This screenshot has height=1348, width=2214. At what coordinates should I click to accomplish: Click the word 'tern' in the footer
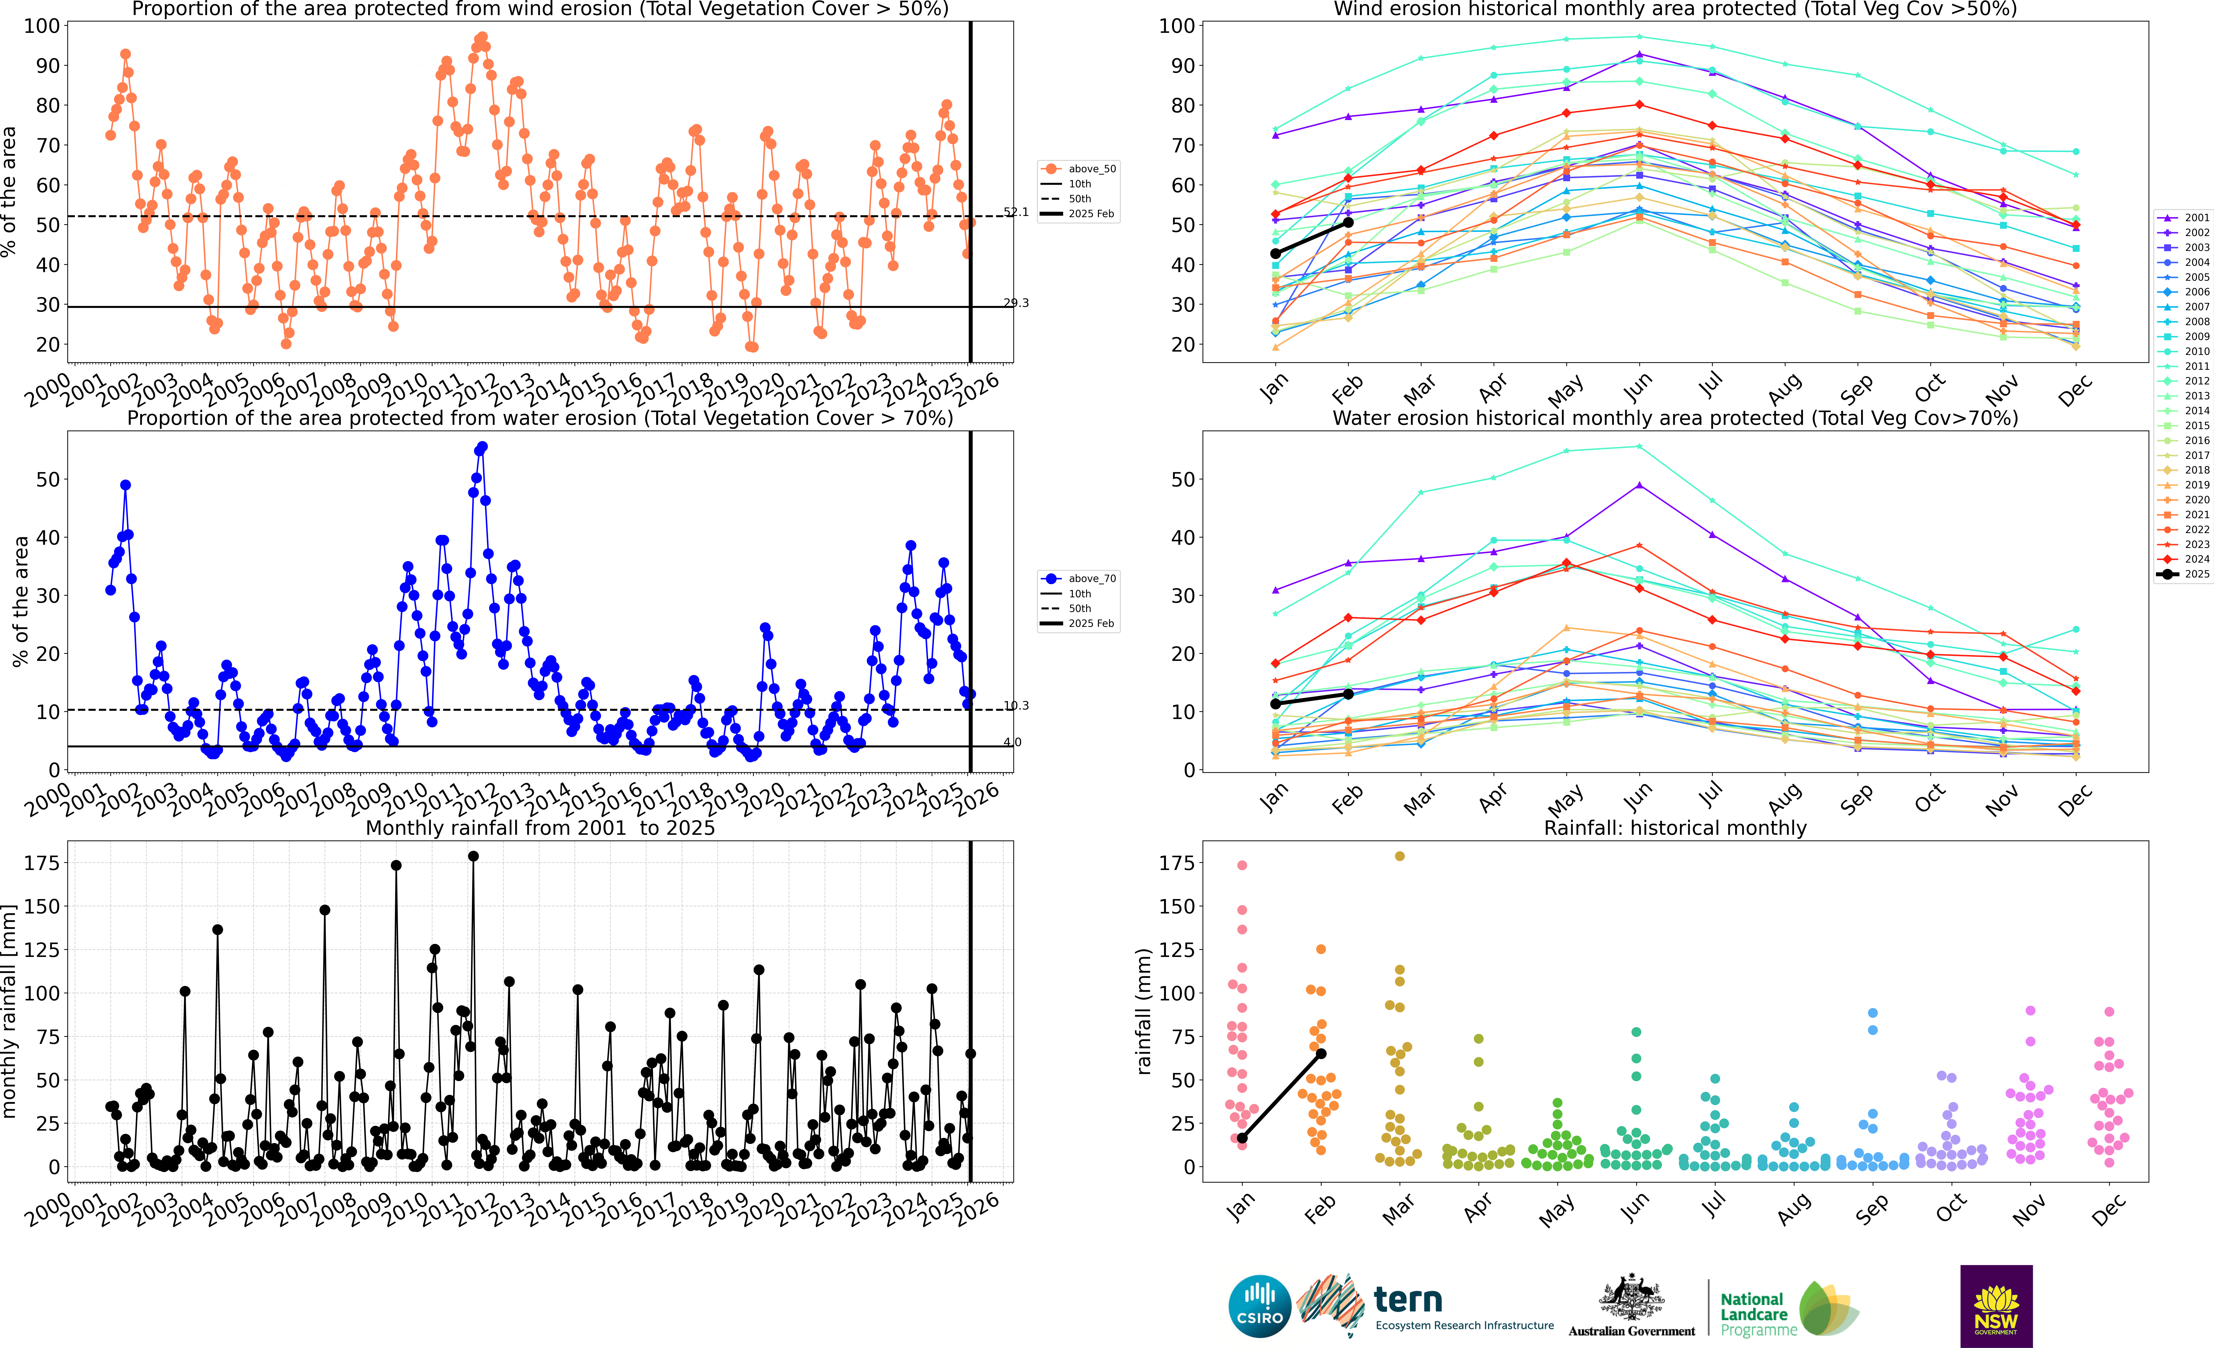pyautogui.click(x=1408, y=1300)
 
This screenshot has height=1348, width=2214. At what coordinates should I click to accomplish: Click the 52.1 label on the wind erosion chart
pyautogui.click(x=1016, y=212)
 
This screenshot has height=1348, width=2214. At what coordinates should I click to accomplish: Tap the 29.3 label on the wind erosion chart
pyautogui.click(x=1016, y=303)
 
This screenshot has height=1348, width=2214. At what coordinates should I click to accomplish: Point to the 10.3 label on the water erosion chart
pyautogui.click(x=1016, y=706)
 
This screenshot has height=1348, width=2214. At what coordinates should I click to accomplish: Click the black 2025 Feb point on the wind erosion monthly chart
pyautogui.click(x=1348, y=222)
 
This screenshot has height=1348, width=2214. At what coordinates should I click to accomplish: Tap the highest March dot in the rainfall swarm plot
pyautogui.click(x=1399, y=857)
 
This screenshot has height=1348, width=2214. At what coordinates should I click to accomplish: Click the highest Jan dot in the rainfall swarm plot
pyautogui.click(x=1242, y=866)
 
